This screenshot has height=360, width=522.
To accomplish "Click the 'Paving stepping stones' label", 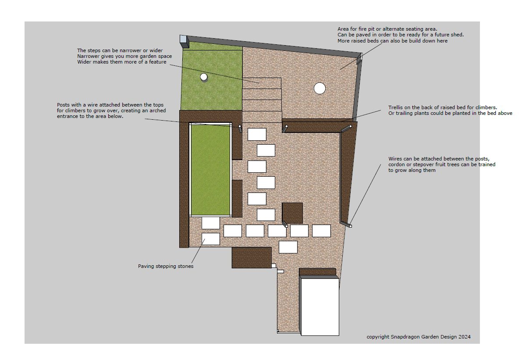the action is click(x=166, y=267).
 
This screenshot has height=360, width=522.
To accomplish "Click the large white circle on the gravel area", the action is click(x=320, y=89).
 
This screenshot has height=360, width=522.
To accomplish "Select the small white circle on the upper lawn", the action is click(x=204, y=77).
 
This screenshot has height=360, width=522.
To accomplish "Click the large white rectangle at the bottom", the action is click(x=320, y=305).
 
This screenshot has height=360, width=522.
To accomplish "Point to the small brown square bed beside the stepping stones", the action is click(x=292, y=213).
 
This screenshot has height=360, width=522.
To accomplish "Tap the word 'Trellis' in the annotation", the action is click(x=395, y=107).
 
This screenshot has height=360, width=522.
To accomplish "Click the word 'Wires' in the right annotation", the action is click(x=395, y=159).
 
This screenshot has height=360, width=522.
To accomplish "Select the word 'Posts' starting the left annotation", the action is click(x=63, y=105).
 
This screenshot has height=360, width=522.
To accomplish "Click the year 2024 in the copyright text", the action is click(x=465, y=337).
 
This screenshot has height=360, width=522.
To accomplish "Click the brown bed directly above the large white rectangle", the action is click(x=317, y=271).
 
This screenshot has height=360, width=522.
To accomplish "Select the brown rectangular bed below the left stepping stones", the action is click(x=252, y=257).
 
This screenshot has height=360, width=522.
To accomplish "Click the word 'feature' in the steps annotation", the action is click(x=157, y=62).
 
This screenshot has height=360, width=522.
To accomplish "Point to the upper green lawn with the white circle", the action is click(x=212, y=80).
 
